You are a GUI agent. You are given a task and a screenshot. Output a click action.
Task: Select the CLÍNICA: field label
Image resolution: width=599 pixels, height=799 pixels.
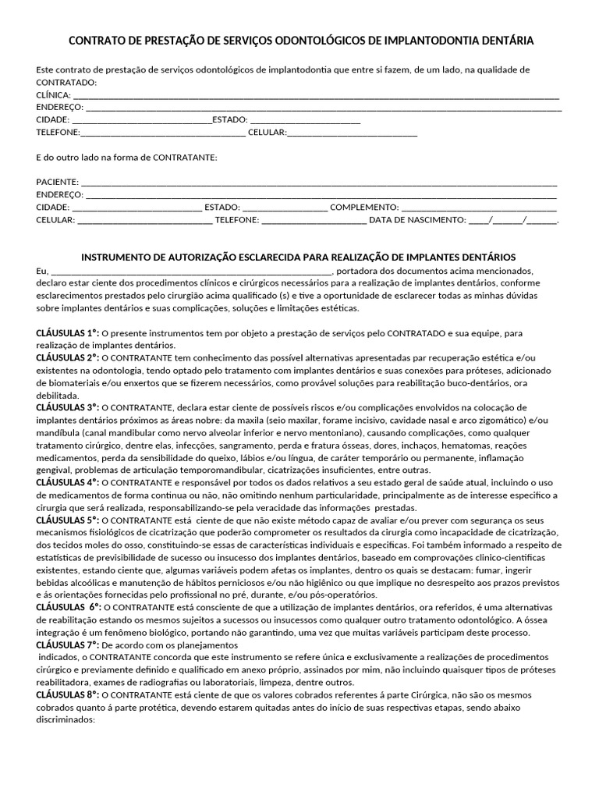click(x=53, y=95)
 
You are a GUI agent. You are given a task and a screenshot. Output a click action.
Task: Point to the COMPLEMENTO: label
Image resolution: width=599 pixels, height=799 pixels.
click(x=364, y=208)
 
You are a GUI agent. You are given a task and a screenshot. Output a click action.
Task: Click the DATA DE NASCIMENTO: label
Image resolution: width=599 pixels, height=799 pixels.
click(x=417, y=220)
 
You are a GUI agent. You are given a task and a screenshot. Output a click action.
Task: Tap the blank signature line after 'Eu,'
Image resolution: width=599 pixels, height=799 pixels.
click(x=192, y=271)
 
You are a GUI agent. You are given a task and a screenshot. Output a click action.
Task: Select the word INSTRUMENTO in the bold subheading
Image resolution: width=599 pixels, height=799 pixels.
click(x=112, y=257)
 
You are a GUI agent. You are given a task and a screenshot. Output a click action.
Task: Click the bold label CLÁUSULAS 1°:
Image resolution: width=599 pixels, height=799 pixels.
click(x=68, y=333)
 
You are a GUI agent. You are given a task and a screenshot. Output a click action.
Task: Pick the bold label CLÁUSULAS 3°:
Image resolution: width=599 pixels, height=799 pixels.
click(x=68, y=407)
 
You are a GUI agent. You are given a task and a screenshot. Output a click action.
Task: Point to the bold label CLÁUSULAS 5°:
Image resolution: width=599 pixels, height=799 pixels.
click(x=68, y=520)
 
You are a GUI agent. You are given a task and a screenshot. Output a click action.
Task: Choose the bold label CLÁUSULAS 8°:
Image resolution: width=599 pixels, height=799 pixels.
click(x=68, y=694)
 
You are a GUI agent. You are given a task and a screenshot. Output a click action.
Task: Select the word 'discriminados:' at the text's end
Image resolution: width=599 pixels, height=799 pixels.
click(x=66, y=719)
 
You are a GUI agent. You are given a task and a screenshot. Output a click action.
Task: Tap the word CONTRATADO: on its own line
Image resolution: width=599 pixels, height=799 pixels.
click(x=67, y=83)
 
